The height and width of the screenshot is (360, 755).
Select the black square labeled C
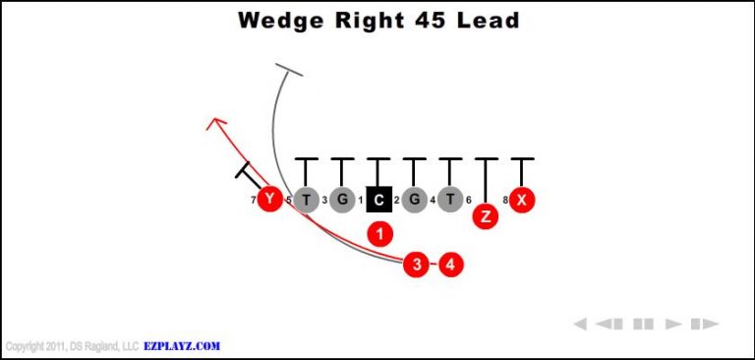(378, 201)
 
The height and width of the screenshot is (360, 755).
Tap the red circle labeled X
(522, 201)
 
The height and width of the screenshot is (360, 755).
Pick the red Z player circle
(485, 216)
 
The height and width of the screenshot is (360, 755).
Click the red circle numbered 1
(379, 233)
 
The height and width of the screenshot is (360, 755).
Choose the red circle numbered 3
(417, 264)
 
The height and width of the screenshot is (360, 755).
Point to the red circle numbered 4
(450, 264)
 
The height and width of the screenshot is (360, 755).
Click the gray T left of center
(307, 201)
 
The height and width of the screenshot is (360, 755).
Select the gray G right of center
(414, 201)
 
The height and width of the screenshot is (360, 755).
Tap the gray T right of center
(449, 201)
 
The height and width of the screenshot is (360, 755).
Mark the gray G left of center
(342, 201)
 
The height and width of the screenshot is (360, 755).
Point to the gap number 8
(505, 201)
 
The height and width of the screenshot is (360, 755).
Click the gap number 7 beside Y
(254, 201)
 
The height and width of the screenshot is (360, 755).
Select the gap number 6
(468, 201)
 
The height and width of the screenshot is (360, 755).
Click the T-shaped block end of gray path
(288, 70)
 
